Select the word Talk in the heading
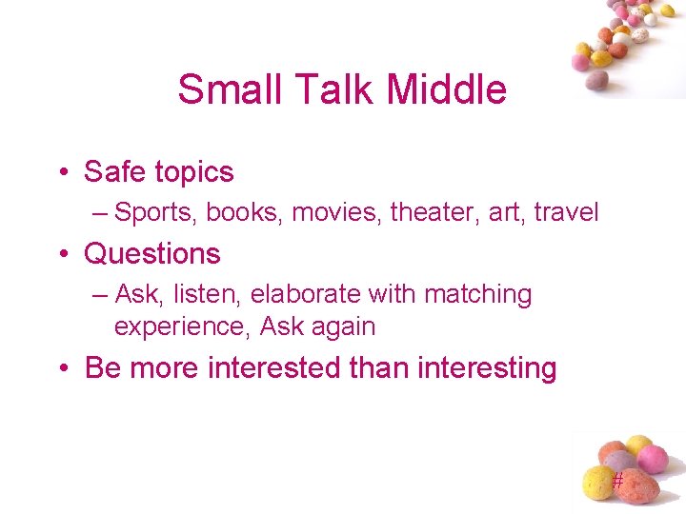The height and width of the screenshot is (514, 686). (x=319, y=89)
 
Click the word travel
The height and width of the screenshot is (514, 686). (x=566, y=212)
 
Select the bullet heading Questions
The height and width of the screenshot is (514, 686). (x=152, y=254)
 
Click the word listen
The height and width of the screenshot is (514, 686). (x=208, y=295)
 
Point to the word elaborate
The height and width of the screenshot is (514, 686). (x=311, y=295)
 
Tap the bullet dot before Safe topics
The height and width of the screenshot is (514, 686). (x=62, y=173)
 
